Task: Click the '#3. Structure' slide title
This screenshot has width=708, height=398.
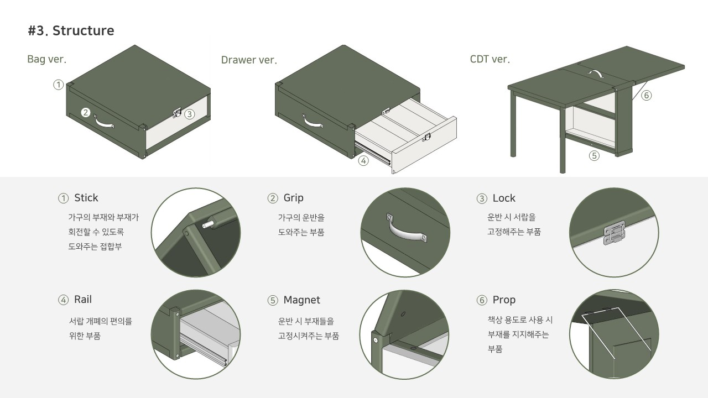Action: pos(71,31)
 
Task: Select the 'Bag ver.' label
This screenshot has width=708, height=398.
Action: pos(46,59)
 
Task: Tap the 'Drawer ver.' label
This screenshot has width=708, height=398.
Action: pos(249,60)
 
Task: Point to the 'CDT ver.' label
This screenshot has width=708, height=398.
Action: pos(490,59)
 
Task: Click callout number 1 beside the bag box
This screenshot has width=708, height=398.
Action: pos(58,85)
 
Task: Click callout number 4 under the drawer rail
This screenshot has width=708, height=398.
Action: pos(363,161)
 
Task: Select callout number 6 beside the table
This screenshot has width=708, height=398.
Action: pos(646,95)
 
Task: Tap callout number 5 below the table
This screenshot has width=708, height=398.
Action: pos(594,156)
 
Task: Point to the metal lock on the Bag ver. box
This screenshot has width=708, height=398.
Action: pos(178,113)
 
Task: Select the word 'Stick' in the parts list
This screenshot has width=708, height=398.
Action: pos(86,198)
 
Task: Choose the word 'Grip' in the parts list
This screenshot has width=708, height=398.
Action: pos(293,198)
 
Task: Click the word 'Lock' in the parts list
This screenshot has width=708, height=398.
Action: pos(503,198)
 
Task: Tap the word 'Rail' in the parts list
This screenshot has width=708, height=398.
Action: pos(83,300)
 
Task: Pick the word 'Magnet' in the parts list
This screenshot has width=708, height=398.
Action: pos(301,300)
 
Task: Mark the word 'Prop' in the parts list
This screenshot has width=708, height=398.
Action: pos(503,300)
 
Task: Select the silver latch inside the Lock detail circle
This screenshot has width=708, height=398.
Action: pos(615,233)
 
